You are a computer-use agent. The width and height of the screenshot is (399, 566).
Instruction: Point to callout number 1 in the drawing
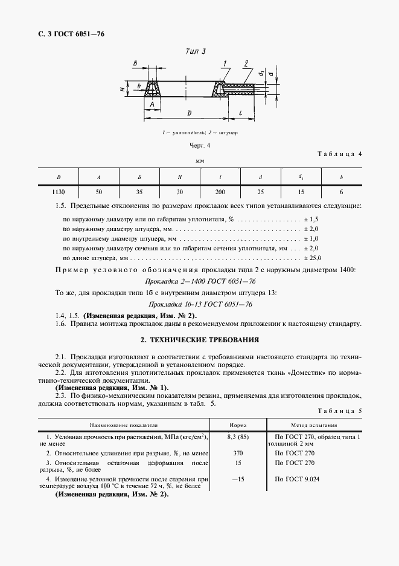point(224,63)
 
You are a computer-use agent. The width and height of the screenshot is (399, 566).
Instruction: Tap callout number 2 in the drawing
point(246,63)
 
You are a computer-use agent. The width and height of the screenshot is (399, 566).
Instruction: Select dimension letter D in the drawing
point(189,112)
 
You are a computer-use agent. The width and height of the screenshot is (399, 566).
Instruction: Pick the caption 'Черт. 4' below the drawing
point(199,146)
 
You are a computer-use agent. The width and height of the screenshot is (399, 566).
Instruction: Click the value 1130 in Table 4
point(59,192)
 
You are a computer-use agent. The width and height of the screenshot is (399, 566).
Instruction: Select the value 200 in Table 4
point(220,192)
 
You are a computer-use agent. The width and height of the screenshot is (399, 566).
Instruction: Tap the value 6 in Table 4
point(340,192)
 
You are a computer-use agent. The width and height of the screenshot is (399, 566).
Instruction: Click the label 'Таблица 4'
point(339,154)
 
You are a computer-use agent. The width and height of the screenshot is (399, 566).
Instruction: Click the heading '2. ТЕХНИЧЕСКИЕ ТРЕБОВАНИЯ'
point(199,340)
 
